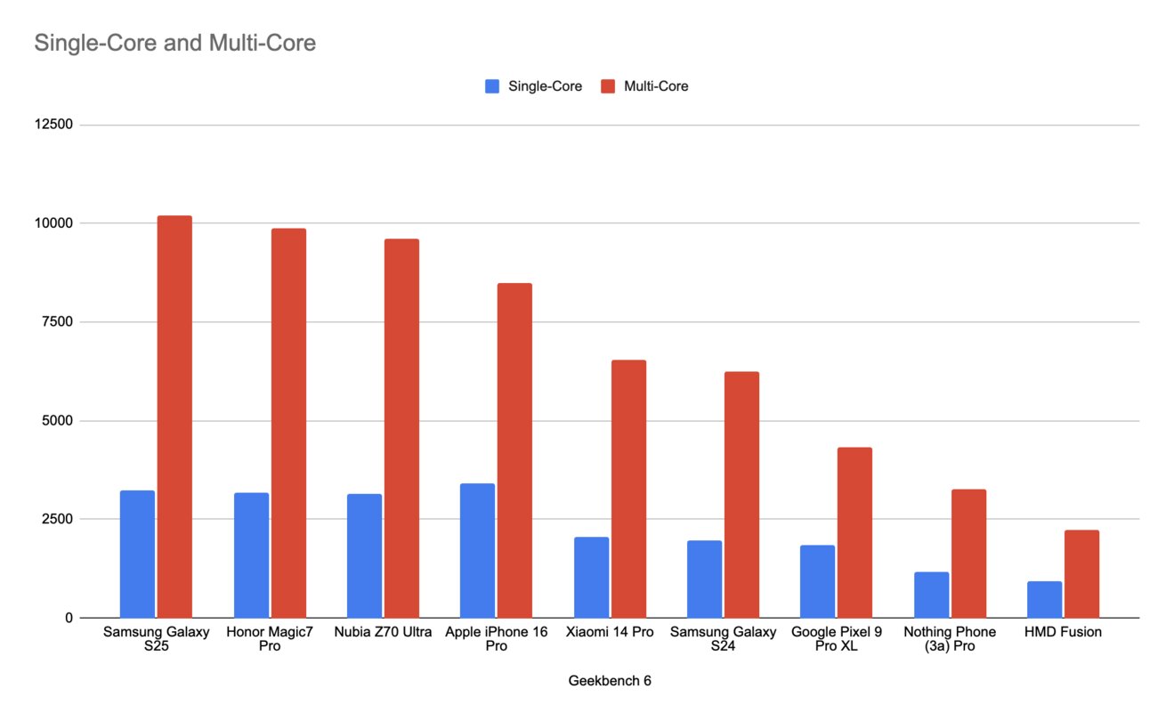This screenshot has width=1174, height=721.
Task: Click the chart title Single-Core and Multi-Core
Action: coord(174,43)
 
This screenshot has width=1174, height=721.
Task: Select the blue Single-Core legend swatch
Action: coord(492,86)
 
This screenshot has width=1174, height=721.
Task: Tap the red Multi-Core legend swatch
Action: coord(608,86)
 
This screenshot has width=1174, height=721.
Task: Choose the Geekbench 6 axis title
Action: coord(610,681)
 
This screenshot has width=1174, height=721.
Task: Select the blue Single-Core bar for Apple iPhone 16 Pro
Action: coord(477,551)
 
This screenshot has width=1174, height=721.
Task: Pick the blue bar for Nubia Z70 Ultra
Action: coord(364,555)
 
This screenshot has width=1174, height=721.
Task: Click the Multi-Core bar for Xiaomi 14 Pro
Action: coord(628,489)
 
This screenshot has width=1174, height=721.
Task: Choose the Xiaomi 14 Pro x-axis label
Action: coord(610,633)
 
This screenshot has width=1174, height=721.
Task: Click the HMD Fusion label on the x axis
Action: coord(1063,633)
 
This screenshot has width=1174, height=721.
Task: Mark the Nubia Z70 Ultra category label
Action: coord(383,633)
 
